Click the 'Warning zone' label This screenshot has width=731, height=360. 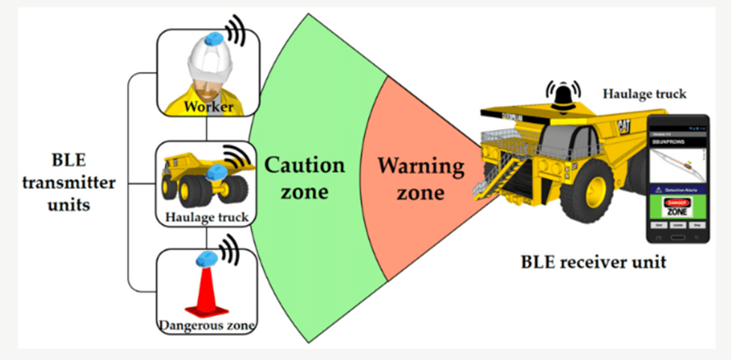411,178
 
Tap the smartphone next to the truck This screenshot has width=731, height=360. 678,178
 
